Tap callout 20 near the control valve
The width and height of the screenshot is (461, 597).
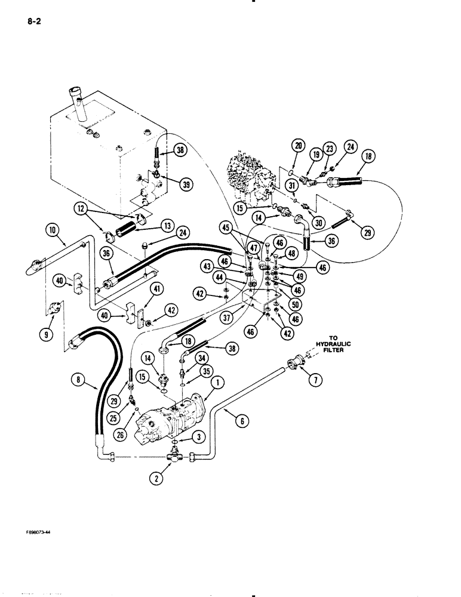pyautogui.click(x=297, y=144)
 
